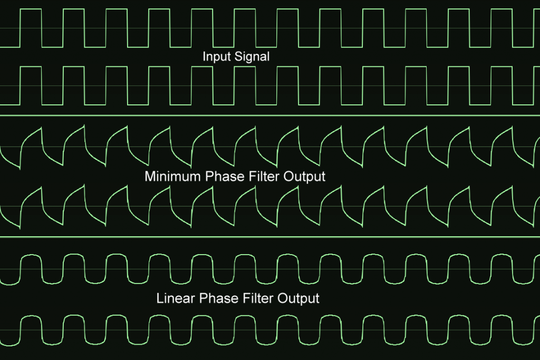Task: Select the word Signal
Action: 252,56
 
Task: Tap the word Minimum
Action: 173,176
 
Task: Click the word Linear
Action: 176,298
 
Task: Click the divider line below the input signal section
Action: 270,115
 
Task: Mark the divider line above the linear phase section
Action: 270,237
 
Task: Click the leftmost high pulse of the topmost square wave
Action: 31,28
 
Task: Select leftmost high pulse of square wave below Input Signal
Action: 31,86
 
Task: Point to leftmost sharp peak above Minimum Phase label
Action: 41,128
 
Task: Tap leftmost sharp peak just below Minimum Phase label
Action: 41,187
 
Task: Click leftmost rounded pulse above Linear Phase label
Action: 31,268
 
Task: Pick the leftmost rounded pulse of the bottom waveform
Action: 31,330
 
